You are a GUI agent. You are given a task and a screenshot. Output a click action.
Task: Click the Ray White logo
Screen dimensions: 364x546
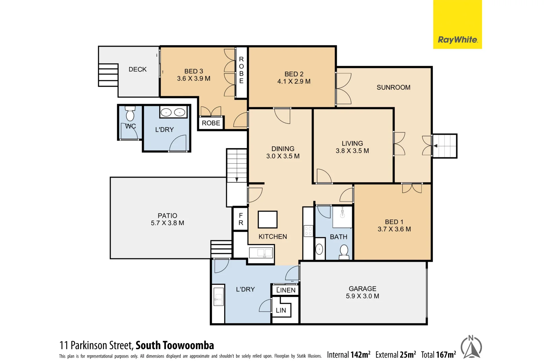point(457,40)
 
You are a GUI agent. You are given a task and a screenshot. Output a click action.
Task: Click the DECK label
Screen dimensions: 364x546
point(138,69)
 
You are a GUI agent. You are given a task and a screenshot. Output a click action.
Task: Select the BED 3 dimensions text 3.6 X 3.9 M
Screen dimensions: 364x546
point(193,79)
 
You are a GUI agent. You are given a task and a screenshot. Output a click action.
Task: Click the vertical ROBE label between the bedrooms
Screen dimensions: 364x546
point(241,70)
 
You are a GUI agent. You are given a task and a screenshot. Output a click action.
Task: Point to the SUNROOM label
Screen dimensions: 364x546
point(393,88)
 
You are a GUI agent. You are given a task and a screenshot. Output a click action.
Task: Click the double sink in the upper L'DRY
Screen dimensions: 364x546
point(173,112)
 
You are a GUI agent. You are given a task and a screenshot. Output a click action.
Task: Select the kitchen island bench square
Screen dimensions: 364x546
point(268,220)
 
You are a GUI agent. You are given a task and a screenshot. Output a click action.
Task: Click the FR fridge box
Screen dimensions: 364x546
point(241,219)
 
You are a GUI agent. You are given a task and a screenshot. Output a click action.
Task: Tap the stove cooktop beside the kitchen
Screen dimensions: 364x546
point(308,231)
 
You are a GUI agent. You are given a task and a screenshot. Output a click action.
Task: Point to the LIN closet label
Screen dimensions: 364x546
point(281,310)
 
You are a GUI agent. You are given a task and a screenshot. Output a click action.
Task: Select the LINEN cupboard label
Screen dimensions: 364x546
point(286,290)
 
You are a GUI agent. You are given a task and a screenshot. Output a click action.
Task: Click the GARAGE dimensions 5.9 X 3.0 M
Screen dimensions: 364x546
point(362,296)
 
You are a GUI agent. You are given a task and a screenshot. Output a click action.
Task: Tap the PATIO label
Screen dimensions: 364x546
point(167,216)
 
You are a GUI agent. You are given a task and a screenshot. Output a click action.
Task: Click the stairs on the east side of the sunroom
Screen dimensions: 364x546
point(445,146)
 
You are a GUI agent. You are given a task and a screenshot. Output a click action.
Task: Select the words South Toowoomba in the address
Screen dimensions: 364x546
point(175,345)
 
